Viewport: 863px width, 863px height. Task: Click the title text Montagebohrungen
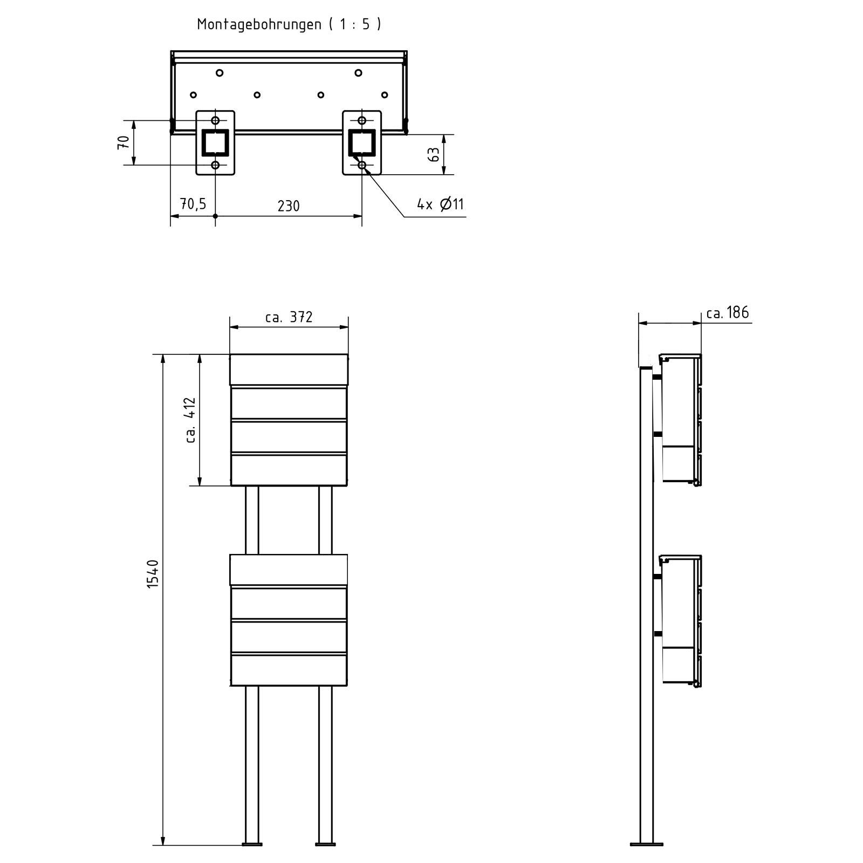[x=259, y=25]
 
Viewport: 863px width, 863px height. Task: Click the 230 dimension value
[x=289, y=206]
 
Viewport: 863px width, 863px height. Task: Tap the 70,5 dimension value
[x=193, y=204]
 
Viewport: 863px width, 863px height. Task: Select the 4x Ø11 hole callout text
[x=440, y=204]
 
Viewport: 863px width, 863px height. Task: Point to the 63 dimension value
[x=434, y=155]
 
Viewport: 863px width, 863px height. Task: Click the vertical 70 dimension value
[x=124, y=142]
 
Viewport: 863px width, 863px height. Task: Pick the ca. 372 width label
[x=289, y=317]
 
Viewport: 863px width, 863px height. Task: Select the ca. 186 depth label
[x=728, y=312]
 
